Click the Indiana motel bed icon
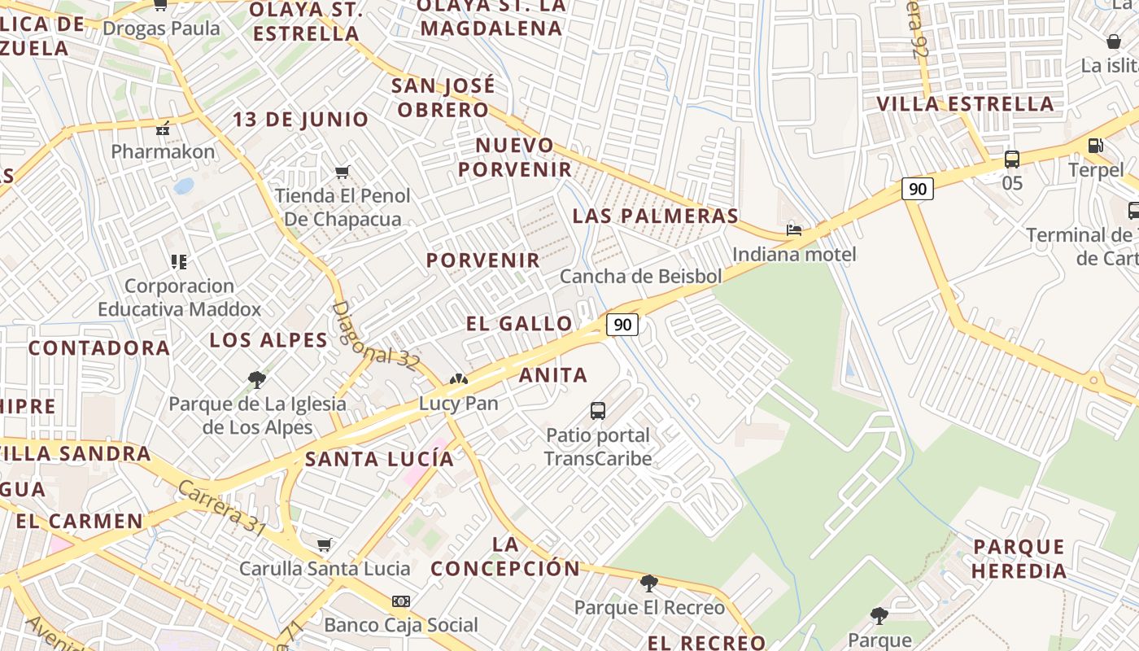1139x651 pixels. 794,230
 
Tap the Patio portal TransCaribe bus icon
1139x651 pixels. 598,411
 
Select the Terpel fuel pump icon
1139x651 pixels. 1096,146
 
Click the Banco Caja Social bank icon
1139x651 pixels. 400,601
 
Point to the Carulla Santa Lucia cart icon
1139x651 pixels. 325,544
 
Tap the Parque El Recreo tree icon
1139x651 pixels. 648,583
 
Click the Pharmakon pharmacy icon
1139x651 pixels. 164,129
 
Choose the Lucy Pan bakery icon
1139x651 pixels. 458,380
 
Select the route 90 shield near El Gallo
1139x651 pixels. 622,325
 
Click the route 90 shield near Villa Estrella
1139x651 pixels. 917,189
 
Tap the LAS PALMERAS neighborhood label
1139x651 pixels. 655,216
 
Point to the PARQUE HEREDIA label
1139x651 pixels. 1019,558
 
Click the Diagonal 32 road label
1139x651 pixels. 375,334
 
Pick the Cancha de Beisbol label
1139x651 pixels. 640,276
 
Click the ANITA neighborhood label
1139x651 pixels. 553,375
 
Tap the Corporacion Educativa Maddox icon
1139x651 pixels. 179,262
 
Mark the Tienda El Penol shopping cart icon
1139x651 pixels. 343,172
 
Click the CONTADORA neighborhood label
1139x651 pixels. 99,348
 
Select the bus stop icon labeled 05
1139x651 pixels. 1012,159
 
